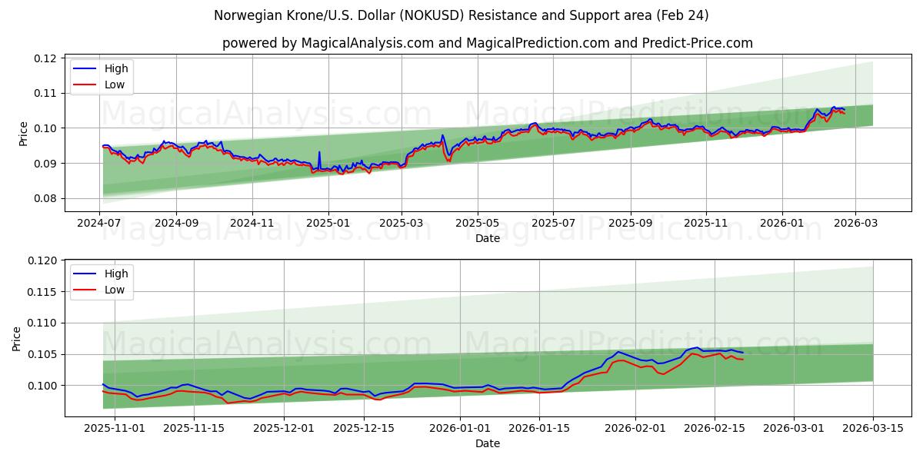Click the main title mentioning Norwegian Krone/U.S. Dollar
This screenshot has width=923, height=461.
(x=461, y=15)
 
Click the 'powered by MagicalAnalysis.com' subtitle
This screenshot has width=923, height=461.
(x=488, y=43)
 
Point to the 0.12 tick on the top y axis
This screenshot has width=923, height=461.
(x=45, y=58)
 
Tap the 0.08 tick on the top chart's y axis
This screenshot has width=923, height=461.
(x=45, y=198)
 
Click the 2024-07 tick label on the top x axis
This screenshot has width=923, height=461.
(x=100, y=223)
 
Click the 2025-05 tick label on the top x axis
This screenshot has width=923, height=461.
(x=478, y=223)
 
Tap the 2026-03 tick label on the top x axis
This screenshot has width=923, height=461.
(x=856, y=223)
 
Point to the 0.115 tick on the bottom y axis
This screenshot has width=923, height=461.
(x=42, y=292)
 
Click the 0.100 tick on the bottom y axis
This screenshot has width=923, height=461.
(x=42, y=386)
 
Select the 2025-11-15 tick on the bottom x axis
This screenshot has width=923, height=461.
(x=194, y=427)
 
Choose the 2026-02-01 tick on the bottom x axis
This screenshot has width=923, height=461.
(x=635, y=427)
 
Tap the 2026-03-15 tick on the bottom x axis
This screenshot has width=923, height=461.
(x=873, y=427)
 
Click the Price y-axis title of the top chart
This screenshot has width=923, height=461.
(x=24, y=134)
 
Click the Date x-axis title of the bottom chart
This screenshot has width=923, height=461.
(x=488, y=443)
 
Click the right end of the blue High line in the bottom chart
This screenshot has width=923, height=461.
(x=743, y=353)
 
